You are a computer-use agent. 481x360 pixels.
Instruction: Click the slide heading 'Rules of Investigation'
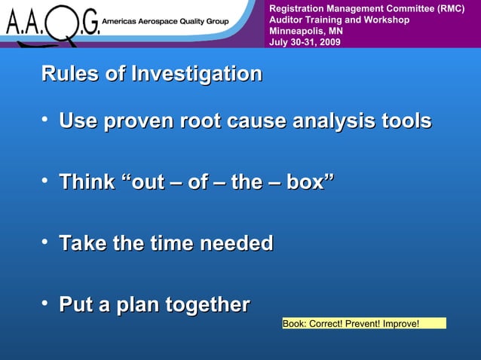click(x=152, y=75)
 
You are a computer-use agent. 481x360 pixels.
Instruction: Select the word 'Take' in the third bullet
click(x=82, y=243)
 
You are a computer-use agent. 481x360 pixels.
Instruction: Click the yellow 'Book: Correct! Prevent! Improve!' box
click(x=364, y=324)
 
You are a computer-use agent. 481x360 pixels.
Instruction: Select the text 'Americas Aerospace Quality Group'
click(x=166, y=22)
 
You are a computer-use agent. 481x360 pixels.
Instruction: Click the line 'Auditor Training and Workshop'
click(x=339, y=20)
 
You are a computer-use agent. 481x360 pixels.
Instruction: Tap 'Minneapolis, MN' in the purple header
click(x=305, y=31)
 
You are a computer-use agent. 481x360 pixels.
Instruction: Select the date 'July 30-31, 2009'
click(x=305, y=42)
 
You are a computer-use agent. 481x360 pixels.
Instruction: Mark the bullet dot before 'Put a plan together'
click(x=46, y=303)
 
